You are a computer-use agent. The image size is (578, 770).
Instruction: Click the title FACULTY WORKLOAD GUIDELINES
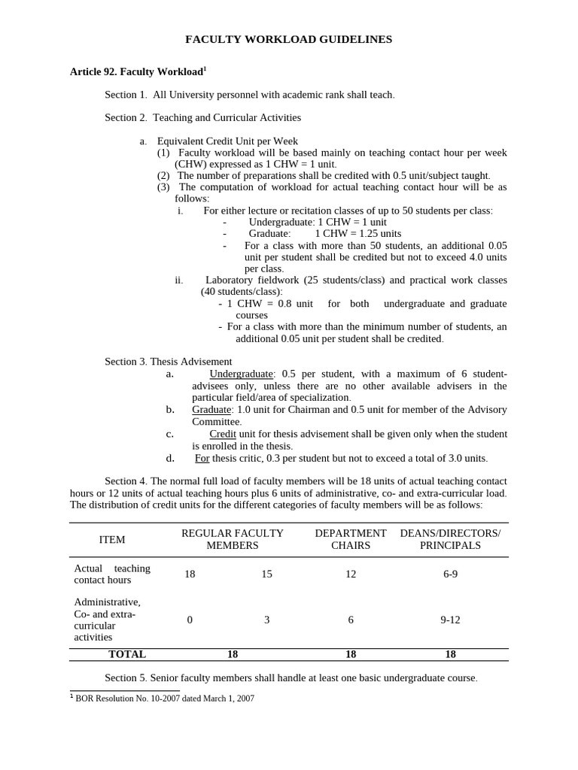click(289, 39)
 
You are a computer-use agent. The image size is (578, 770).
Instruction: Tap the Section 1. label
click(126, 95)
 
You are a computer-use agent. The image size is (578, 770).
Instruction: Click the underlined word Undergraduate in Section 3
click(241, 374)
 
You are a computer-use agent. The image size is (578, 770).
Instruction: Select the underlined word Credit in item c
click(223, 434)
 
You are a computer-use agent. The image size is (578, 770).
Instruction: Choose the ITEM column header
click(112, 539)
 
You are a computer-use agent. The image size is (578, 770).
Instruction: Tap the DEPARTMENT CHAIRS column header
click(351, 539)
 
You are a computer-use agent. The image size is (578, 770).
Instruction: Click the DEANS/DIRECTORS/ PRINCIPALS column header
click(450, 539)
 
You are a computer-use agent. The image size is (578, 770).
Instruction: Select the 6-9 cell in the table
click(450, 574)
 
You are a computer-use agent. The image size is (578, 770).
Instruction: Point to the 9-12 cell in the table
click(450, 620)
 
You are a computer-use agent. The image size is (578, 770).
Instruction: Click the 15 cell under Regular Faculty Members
click(266, 574)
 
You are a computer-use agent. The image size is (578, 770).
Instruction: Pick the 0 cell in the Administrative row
click(190, 620)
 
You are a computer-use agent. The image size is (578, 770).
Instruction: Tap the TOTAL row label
click(127, 654)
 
